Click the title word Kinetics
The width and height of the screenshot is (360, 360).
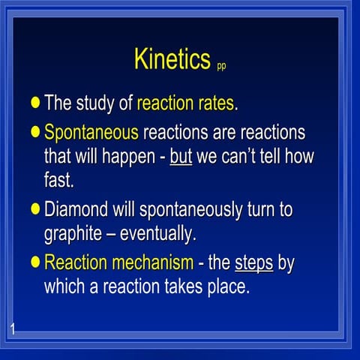pos(171,59)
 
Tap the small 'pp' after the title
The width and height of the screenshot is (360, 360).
pos(221,66)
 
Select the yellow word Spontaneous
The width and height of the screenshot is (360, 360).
pos(91,133)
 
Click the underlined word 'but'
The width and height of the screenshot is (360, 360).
pos(181,158)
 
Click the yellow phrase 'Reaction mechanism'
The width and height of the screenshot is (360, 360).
pos(116,262)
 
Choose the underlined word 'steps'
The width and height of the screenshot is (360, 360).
pos(253,262)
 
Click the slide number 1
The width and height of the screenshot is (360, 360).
pos(14,327)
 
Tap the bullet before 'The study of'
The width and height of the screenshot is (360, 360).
pos(35,103)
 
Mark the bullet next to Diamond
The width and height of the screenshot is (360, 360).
pos(35,208)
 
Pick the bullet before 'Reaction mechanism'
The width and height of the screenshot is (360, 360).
pos(35,262)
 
